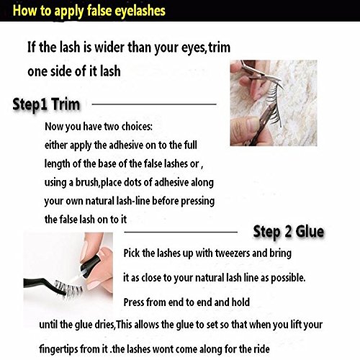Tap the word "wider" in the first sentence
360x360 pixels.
[x=109, y=47]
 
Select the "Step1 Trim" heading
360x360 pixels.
[x=46, y=105]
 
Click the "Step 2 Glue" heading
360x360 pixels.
[x=289, y=232]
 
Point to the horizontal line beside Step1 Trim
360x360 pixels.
[x=154, y=104]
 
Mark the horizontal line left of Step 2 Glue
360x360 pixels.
[x=181, y=232]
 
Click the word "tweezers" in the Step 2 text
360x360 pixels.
[x=232, y=253]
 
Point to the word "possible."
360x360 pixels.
[x=288, y=278]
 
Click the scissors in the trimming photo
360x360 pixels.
[x=261, y=77]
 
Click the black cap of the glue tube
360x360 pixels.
[x=90, y=265]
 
